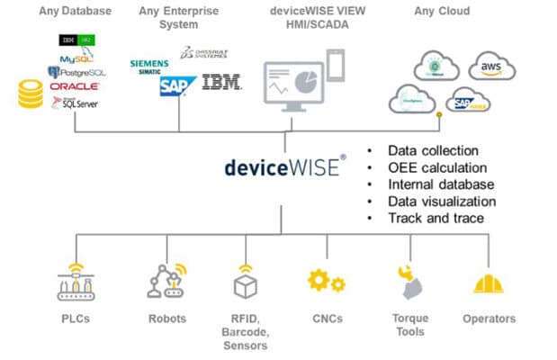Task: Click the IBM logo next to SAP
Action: (x=220, y=84)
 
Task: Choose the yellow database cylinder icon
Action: (x=31, y=94)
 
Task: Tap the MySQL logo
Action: (x=76, y=58)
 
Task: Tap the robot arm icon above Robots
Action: (x=166, y=280)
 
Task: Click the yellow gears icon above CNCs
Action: (x=326, y=282)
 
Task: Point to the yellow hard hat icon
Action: (x=489, y=283)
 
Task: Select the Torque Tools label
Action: (x=409, y=325)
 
